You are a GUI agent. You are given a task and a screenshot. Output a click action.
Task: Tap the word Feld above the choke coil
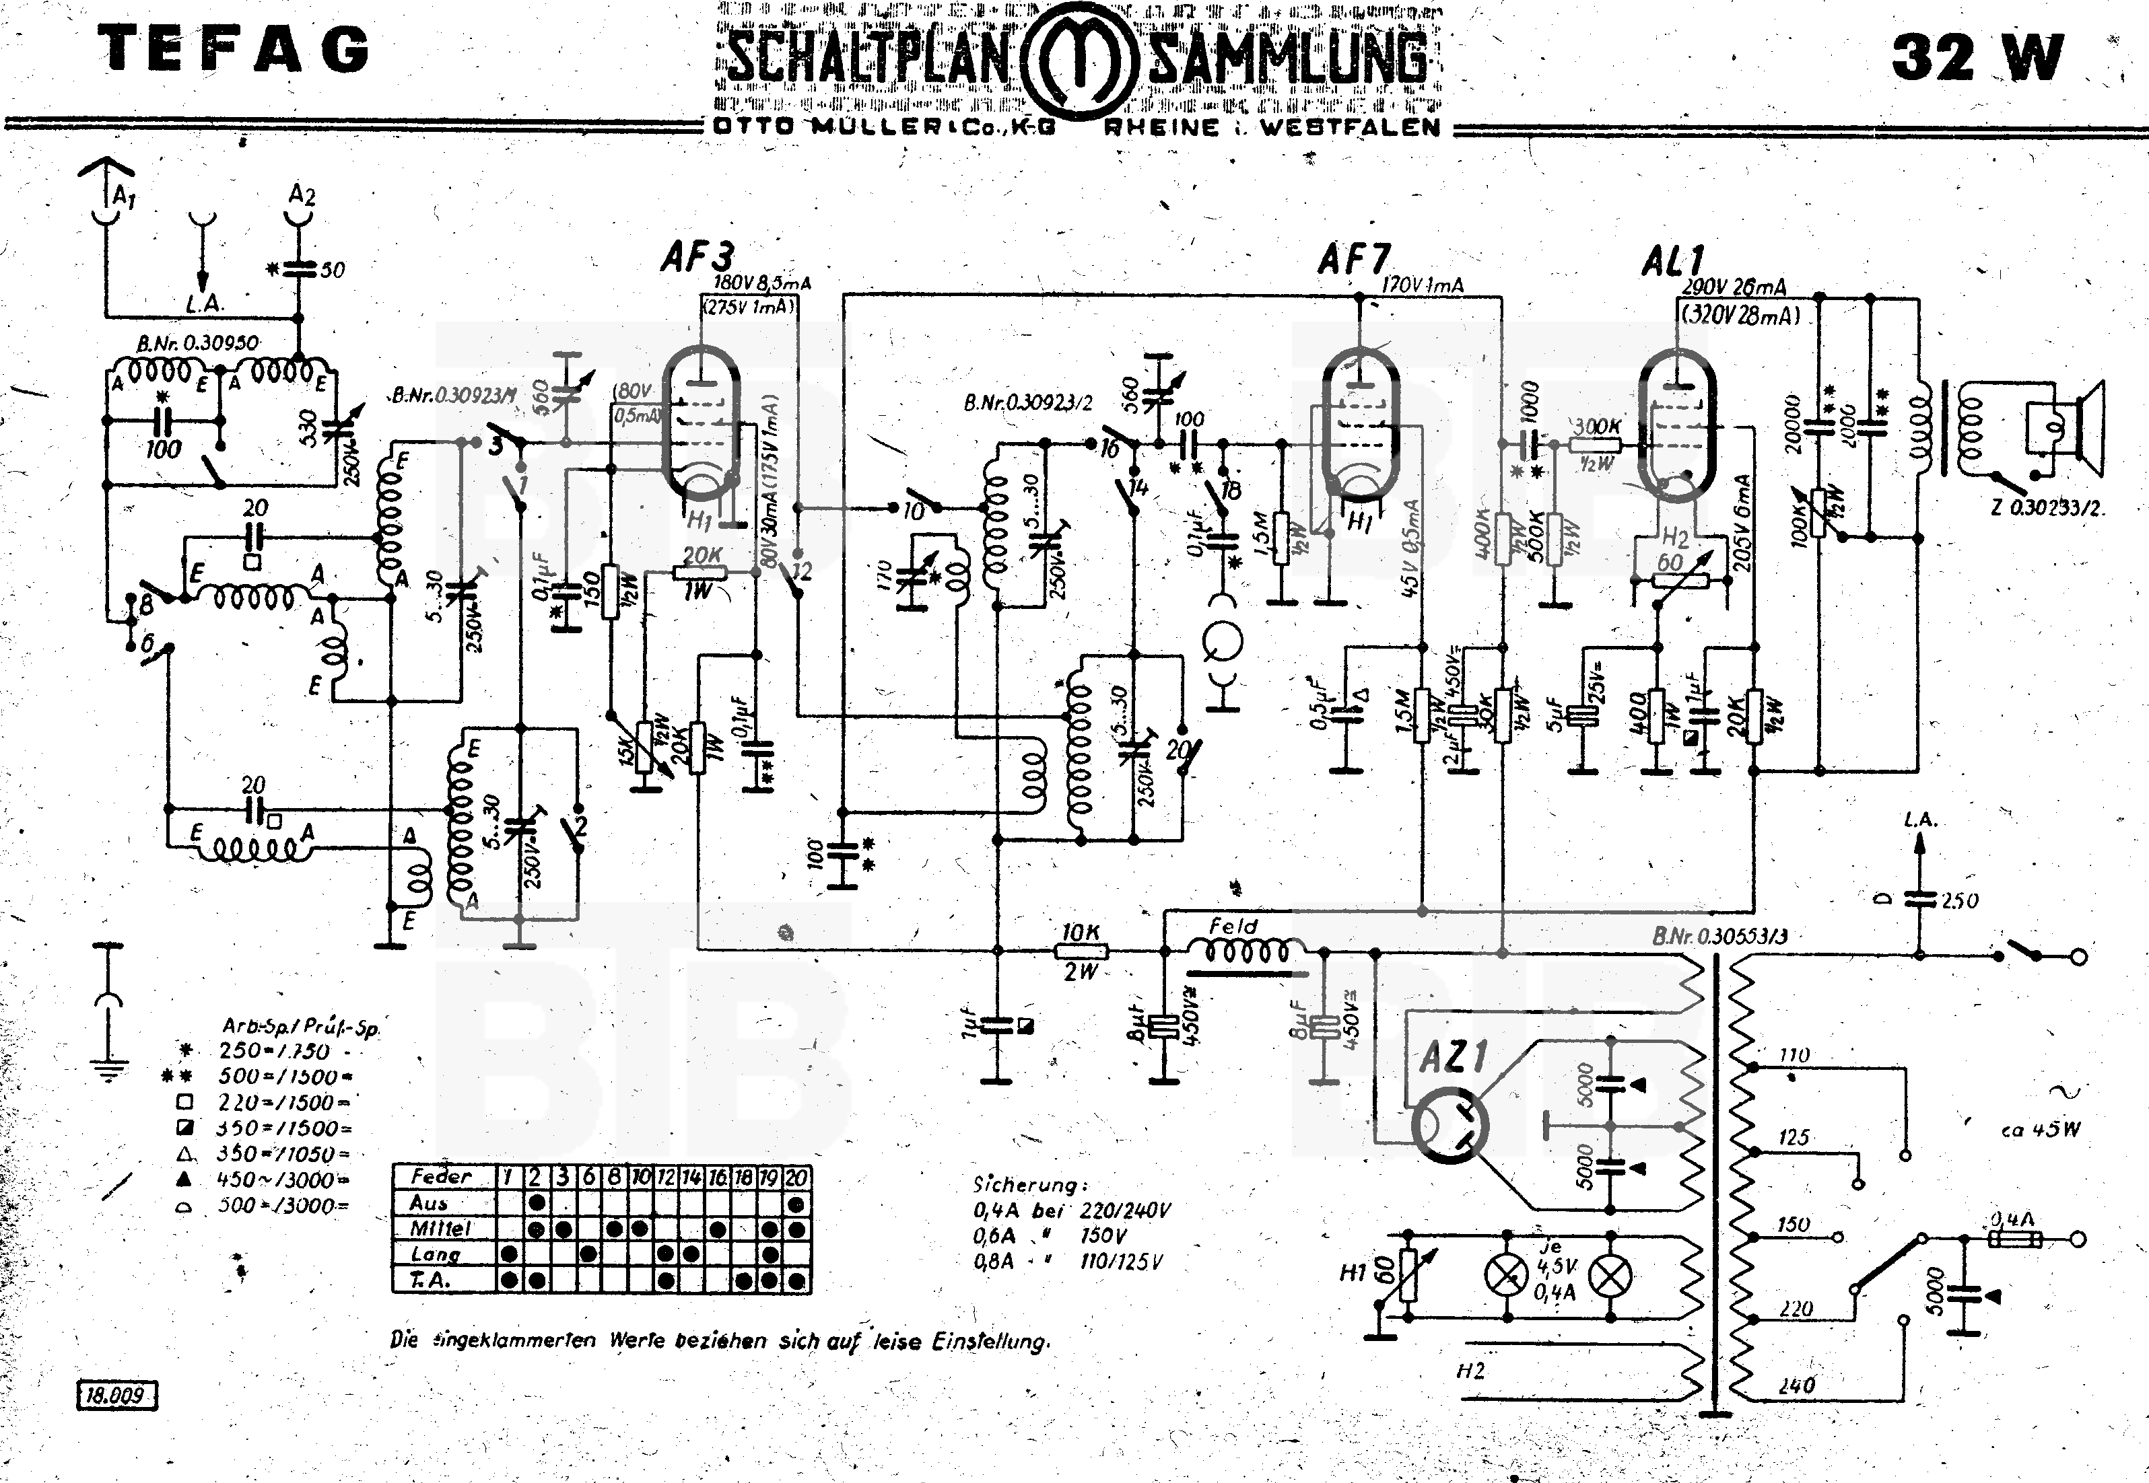click(1233, 927)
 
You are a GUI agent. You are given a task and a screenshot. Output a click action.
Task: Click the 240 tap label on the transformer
click(1796, 1386)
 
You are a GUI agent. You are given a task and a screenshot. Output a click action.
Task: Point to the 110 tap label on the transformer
click(1794, 1056)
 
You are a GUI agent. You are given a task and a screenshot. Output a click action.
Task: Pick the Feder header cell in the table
click(442, 1176)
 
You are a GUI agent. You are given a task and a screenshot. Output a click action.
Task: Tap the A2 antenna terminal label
click(302, 195)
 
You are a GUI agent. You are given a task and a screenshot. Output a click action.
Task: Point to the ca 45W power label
click(2040, 1130)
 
